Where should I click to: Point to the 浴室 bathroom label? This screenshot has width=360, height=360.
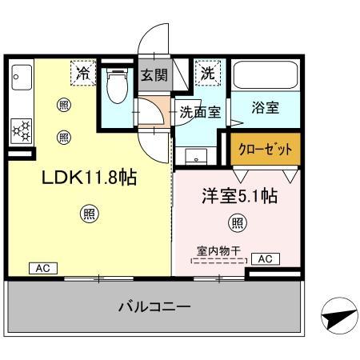[x=265, y=109]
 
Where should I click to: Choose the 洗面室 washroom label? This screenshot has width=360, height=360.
[x=199, y=112]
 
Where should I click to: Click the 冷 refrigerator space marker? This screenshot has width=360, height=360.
[x=82, y=73]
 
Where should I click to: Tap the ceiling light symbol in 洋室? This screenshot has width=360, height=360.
[x=237, y=222]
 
